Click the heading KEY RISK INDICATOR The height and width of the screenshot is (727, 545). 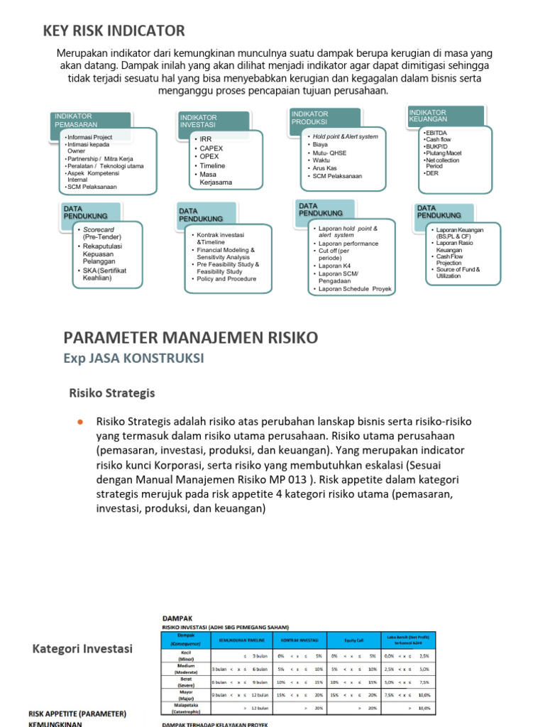click(x=114, y=31)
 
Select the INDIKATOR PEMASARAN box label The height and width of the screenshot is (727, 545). click(x=74, y=120)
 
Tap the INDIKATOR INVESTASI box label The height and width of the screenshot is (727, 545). click(x=199, y=121)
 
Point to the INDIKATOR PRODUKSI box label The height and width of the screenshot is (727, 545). click(x=309, y=118)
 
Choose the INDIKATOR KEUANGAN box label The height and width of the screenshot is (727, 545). click(x=428, y=116)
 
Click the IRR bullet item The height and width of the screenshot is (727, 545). click(x=206, y=139)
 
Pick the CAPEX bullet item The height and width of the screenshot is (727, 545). click(x=211, y=148)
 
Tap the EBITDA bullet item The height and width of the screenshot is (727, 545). click(x=435, y=133)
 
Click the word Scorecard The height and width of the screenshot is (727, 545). click(x=99, y=230)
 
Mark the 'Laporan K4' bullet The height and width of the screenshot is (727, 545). click(x=334, y=266)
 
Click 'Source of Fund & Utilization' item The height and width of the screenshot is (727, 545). click(x=458, y=273)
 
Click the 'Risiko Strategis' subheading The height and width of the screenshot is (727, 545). click(x=111, y=393)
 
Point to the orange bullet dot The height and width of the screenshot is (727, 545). click(x=80, y=422)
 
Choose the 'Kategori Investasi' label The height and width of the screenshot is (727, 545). click(x=82, y=648)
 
